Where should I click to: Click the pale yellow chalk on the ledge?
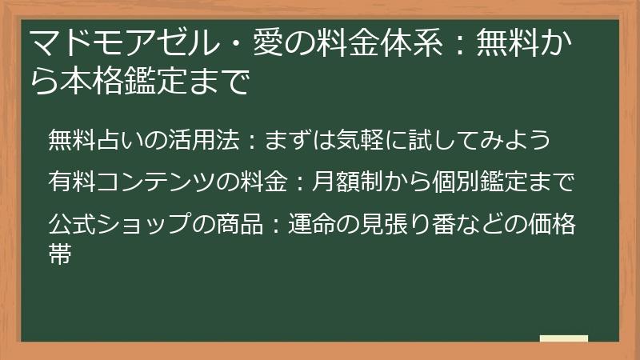pos(563,339)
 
